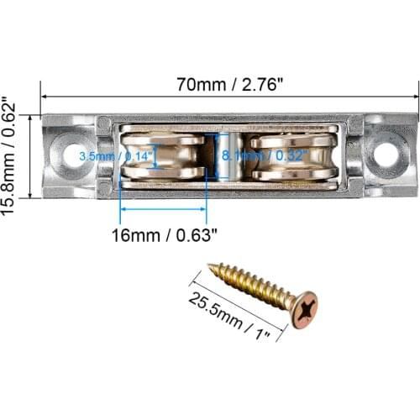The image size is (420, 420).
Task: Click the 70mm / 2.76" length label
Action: pyautogui.click(x=228, y=84)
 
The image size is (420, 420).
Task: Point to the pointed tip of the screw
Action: pyautogui.click(x=210, y=267)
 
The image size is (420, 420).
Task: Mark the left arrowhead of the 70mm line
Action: pyautogui.click(x=45, y=97)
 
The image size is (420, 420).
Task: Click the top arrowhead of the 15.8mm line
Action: pyautogui.click(x=32, y=118)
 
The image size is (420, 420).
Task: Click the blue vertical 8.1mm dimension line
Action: pyautogui.click(x=215, y=156)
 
